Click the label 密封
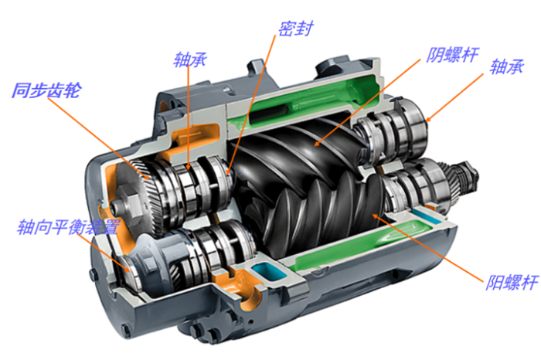[x=296, y=29]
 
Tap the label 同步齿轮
[x=47, y=90]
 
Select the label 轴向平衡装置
[x=69, y=227]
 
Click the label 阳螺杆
[x=512, y=283]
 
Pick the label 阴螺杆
[x=452, y=55]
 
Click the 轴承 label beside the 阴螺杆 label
[x=507, y=66]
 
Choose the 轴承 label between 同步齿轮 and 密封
[x=190, y=59]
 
